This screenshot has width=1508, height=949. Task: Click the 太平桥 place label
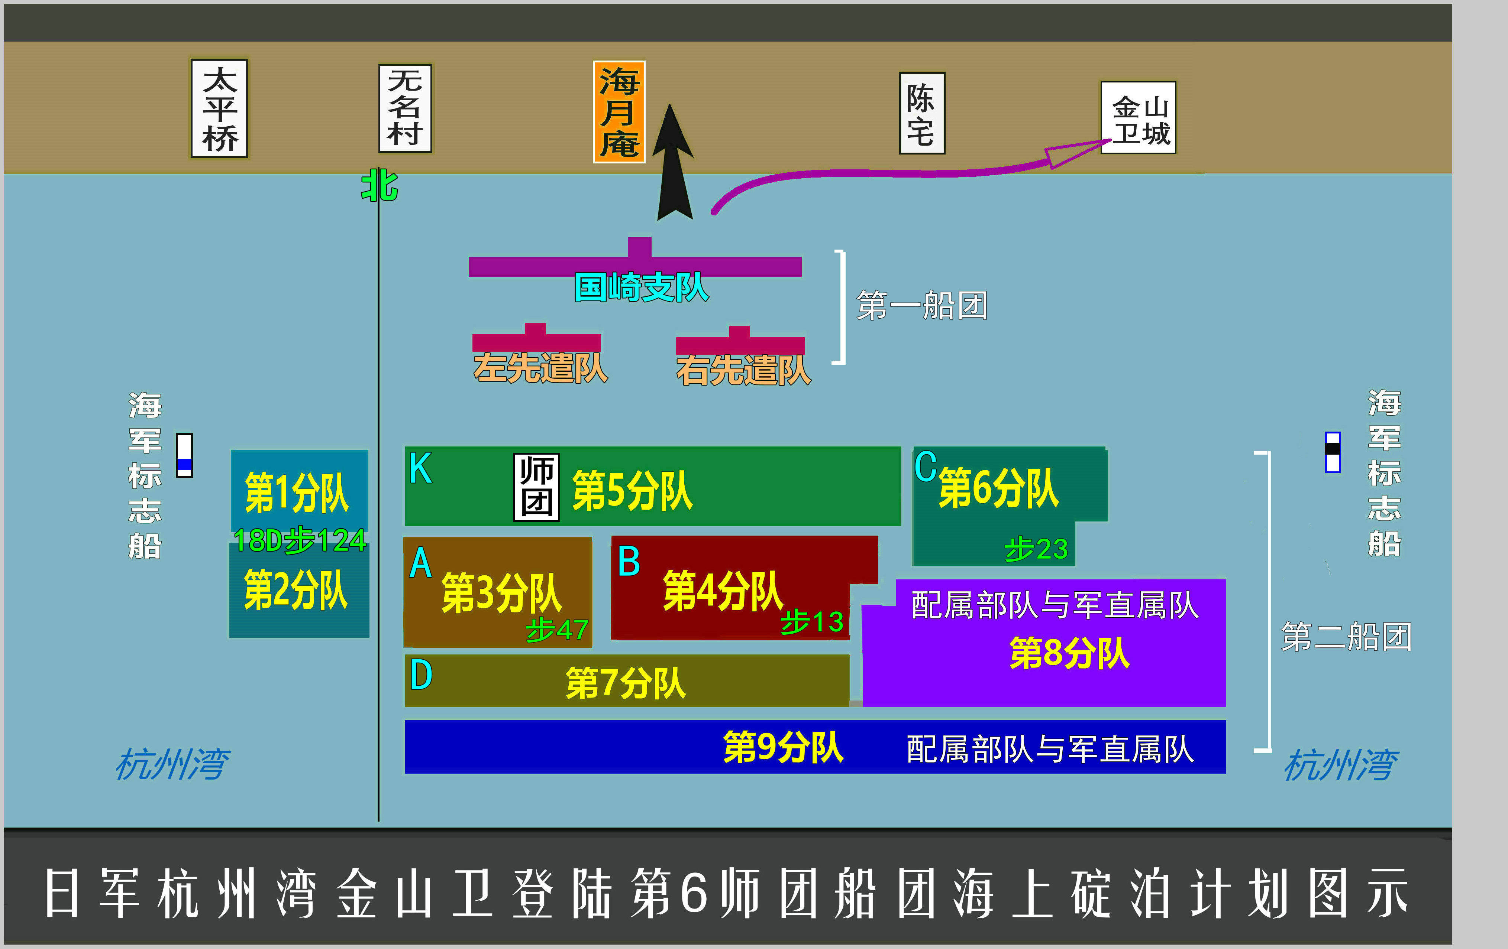(219, 109)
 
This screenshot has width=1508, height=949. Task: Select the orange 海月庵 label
(619, 112)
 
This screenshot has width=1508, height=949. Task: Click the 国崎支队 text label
(641, 287)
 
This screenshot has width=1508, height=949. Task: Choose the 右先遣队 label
(743, 370)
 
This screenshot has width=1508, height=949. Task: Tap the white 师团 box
(536, 487)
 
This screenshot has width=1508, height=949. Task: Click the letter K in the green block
(420, 468)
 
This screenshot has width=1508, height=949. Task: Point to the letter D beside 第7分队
(421, 675)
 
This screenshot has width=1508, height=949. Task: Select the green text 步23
(1036, 549)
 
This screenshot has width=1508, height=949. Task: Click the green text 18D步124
(299, 540)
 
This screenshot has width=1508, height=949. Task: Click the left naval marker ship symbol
(184, 455)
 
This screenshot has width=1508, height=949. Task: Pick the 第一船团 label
(922, 305)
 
